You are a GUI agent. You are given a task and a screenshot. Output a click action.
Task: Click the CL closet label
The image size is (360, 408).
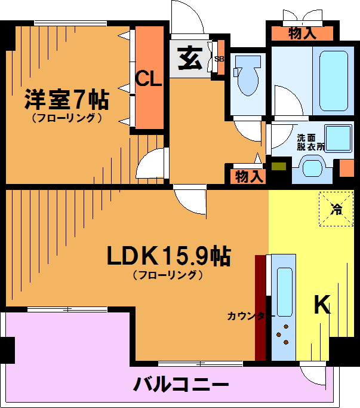tap(149, 79)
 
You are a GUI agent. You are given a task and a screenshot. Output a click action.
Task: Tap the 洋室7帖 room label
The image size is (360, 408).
tap(66, 100)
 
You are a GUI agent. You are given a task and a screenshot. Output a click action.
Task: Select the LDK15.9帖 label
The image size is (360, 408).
tap(168, 256)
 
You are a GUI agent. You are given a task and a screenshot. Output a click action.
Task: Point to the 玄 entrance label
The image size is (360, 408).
tap(190, 59)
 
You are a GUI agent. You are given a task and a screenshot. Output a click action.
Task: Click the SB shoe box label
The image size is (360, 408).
tap(219, 59)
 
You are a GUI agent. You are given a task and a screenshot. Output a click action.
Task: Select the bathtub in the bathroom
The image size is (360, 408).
tap(334, 81)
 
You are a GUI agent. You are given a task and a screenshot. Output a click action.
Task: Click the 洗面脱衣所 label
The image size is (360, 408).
tap(310, 142)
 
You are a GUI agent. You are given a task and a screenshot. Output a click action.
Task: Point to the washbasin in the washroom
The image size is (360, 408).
tap(312, 169)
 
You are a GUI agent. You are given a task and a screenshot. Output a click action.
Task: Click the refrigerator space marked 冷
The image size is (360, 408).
tap(336, 209)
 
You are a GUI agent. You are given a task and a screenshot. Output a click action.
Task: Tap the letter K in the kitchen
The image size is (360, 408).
tap(322, 305)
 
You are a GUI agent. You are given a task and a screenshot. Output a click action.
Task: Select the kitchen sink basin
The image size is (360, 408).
tap(284, 292)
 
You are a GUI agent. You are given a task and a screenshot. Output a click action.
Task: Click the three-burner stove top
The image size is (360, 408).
tap(283, 335)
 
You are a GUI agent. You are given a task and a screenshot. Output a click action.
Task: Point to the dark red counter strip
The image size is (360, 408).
tap(260, 308)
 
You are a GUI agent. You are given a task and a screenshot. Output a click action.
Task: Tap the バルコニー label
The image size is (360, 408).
tap(181, 385)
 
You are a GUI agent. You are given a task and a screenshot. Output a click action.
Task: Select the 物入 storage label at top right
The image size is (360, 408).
tap(302, 33)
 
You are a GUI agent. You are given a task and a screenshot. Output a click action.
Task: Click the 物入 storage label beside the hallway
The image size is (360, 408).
tap(249, 177)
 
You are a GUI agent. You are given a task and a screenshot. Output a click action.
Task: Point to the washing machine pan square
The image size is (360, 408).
tap(338, 139)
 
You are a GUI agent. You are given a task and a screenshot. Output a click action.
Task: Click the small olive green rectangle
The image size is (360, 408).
tap(279, 166)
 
